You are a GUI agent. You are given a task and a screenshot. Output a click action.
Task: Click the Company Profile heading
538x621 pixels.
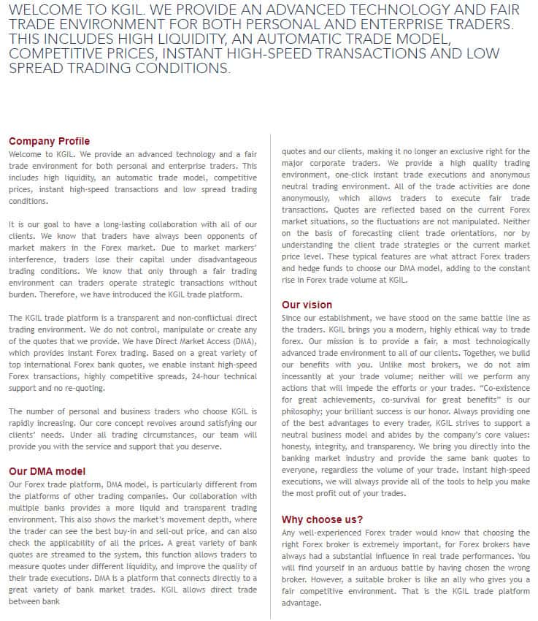click(49, 141)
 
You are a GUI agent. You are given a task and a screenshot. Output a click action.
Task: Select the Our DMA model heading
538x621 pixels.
click(47, 471)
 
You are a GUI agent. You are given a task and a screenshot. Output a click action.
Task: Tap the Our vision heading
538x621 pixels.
click(307, 305)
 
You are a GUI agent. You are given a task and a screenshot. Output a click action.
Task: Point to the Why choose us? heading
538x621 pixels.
click(323, 519)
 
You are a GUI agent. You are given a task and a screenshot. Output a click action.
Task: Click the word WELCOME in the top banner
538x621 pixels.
click(47, 9)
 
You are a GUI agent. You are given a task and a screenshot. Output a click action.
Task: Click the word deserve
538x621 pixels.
click(204, 447)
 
